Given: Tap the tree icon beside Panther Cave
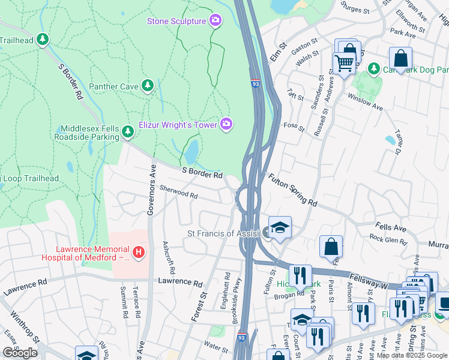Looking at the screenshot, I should point(147,86).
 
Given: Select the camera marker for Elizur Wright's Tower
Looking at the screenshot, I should point(226,124).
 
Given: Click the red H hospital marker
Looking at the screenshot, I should point(139,252).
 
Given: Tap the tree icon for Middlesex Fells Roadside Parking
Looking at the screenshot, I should point(127,131).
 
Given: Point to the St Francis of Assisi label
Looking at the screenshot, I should point(223,233).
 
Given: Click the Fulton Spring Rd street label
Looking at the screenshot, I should point(292,190).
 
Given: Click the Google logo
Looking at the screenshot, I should point(20,352).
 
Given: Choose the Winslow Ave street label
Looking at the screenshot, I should point(365,102).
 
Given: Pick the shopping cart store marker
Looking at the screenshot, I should point(343,63).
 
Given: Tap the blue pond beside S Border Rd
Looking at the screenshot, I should point(191,152).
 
